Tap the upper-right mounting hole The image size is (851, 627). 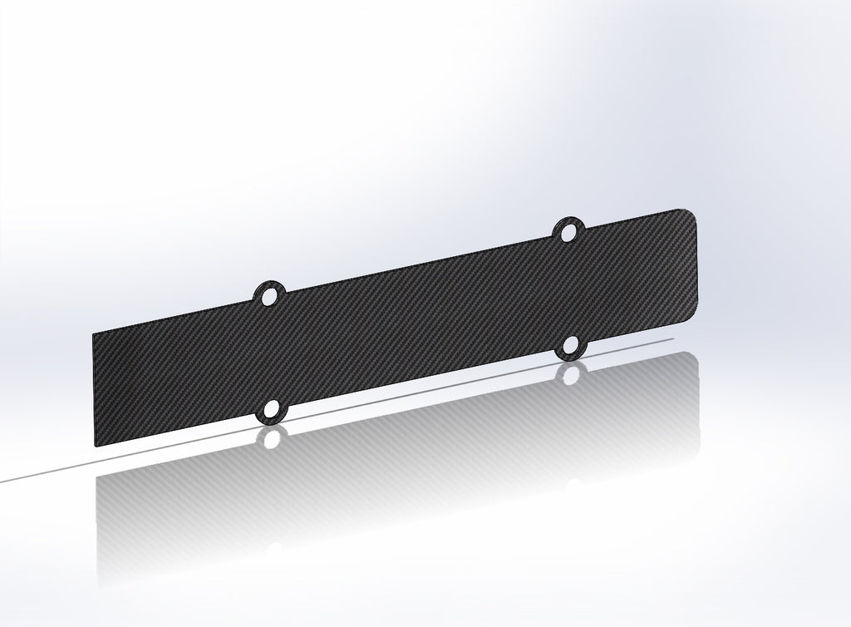[568, 231]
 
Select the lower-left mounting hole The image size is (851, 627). [271, 412]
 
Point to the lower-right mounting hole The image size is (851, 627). [570, 344]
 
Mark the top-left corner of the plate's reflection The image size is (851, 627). [96, 479]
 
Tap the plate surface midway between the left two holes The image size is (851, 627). [270, 353]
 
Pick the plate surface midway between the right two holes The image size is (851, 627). [569, 288]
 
